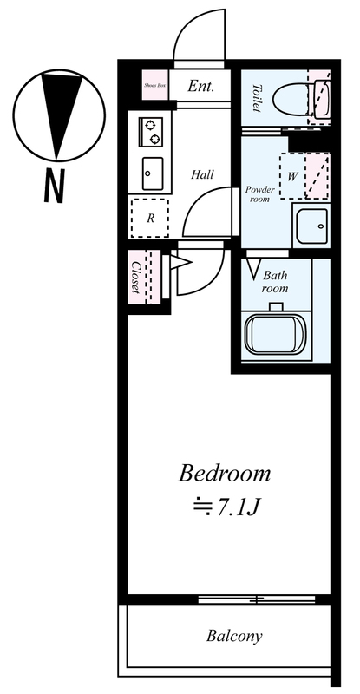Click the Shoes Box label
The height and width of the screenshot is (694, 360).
point(155,85)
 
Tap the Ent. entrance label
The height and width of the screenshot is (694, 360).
point(200,86)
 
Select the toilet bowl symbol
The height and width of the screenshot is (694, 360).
point(291,99)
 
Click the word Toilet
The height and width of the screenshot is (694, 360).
point(257,98)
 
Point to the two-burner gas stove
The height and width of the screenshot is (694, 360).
point(152,132)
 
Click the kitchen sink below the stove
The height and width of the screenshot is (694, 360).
point(153,173)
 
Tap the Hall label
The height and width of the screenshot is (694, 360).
point(202,174)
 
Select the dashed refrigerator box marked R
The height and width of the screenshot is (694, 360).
point(150,219)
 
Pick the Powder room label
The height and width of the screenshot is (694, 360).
point(260,193)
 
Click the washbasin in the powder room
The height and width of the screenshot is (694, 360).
point(311,226)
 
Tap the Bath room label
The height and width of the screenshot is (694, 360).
point(275,282)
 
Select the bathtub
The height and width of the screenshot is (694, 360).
point(276,334)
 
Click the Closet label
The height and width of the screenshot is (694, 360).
point(136,277)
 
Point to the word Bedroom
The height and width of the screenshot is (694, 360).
point(224,473)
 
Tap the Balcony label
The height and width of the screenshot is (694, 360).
point(234,637)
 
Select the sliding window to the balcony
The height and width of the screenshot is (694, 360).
point(257,600)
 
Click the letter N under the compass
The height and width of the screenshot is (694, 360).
point(55,186)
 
